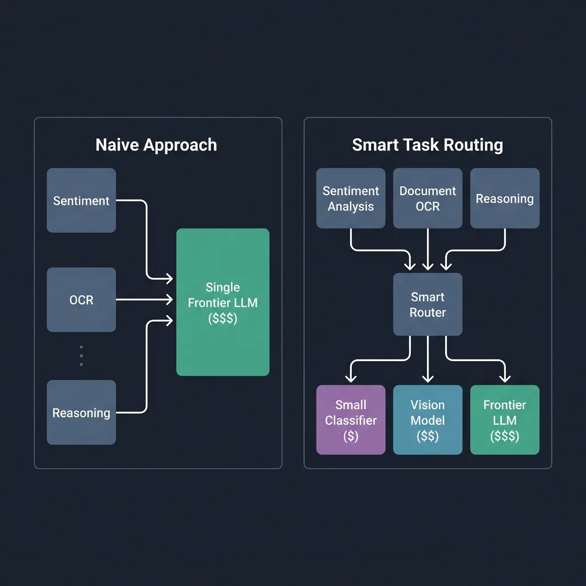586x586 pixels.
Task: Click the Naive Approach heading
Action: pos(156,145)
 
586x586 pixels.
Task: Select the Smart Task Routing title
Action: pos(427,145)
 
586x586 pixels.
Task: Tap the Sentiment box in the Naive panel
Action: pos(81,200)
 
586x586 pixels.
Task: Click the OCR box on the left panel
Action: pos(81,299)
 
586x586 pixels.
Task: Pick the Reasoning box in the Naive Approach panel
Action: pos(81,412)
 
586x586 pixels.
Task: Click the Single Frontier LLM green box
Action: pos(223,302)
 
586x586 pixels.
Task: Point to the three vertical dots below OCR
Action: pos(81,355)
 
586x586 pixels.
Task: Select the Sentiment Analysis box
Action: pos(351,198)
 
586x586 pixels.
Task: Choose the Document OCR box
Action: pos(427,198)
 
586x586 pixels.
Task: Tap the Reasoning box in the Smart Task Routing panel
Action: pos(505,198)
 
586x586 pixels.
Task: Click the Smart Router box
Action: pos(427,304)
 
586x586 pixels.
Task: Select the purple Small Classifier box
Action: pos(351,419)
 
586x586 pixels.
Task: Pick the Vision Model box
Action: pos(427,419)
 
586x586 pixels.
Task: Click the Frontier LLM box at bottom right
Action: pos(505,419)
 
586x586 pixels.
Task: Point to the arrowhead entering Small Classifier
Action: pos(351,378)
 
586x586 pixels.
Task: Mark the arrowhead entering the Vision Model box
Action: pos(427,378)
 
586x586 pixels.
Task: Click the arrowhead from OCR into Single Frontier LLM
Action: pos(169,299)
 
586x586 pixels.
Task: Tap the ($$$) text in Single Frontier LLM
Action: pos(223,318)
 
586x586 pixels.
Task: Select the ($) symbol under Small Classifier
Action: pos(351,436)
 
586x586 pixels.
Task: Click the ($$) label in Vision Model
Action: pos(427,436)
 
